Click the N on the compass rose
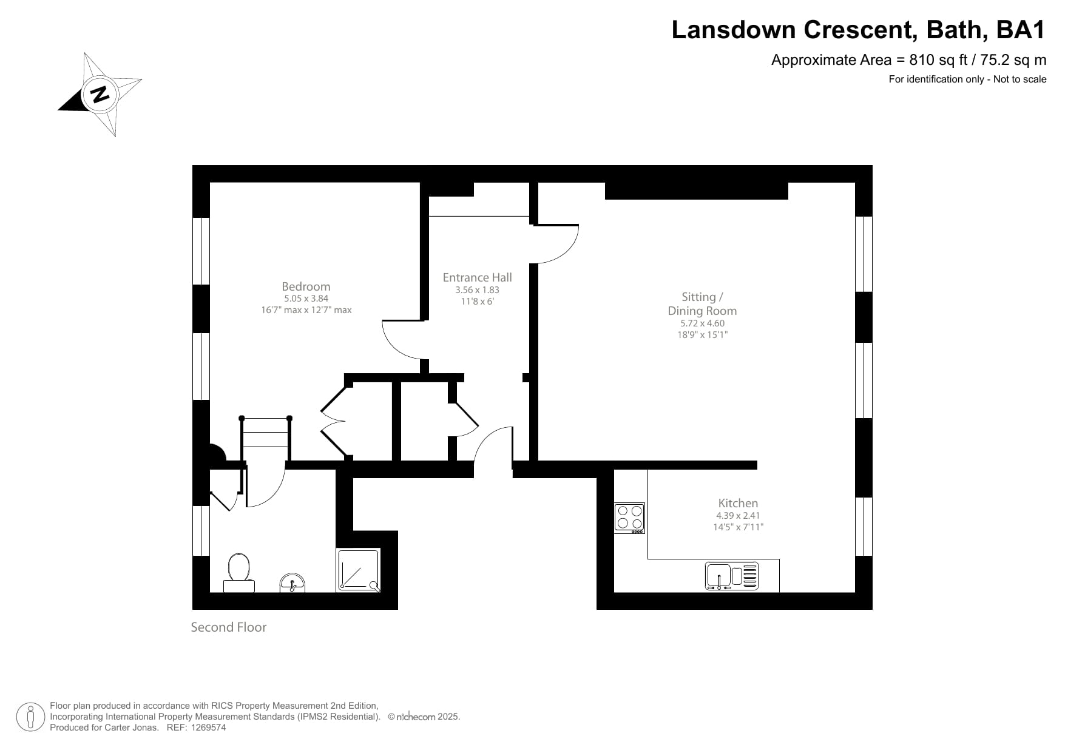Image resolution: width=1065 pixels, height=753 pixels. coord(100,95)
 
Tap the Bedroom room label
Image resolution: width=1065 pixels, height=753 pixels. coord(306,286)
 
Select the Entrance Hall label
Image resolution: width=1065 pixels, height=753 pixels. coord(477,277)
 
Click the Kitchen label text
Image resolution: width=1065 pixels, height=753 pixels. coord(738,503)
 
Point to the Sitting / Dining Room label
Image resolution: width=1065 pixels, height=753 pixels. coord(702,303)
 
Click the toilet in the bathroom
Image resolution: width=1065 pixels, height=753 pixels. coord(238,573)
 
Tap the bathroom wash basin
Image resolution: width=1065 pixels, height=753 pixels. coord(293,583)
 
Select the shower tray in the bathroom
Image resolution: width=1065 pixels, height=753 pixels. coord(359,570)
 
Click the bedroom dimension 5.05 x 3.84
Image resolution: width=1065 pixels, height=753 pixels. coord(306,299)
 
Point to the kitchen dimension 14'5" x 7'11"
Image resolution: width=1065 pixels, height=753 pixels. coord(738,527)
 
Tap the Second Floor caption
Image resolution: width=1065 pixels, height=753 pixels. coord(229,627)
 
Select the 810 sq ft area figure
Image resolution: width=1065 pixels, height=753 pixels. coord(931,60)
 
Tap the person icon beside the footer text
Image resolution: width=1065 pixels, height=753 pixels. coord(30,717)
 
